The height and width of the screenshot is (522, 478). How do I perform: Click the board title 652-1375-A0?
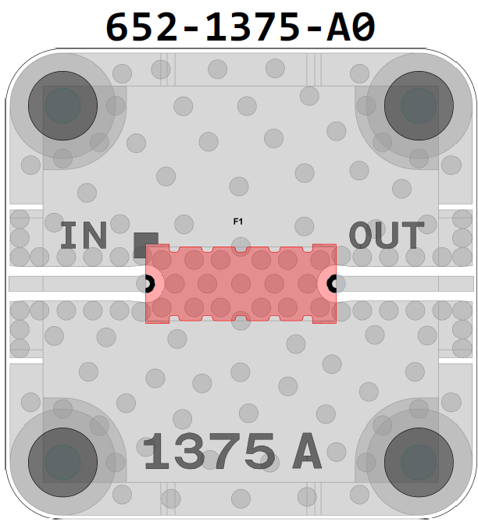241,27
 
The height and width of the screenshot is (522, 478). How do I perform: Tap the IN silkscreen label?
84,236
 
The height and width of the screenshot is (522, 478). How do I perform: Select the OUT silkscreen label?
387,236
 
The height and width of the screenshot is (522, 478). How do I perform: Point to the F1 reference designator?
238,222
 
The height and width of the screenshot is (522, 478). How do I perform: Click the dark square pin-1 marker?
146,245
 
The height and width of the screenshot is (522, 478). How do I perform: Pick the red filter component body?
241,284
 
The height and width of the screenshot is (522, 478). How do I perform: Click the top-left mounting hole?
62,105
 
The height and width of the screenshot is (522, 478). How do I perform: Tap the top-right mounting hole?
419,105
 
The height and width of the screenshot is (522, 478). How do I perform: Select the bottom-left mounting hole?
62,463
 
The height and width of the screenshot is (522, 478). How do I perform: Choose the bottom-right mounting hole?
419,463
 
